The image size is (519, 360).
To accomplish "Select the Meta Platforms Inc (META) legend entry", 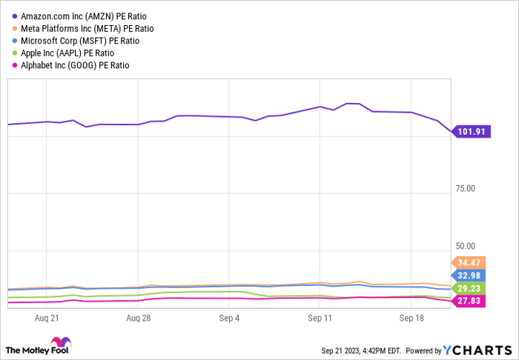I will coord(87,28).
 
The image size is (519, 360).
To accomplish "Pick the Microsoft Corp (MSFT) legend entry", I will coord(80,41).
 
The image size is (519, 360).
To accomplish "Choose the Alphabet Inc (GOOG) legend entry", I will coord(75,65).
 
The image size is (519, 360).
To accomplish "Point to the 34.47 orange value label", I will coord(470,262).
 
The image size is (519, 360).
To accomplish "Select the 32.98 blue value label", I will coord(470,276).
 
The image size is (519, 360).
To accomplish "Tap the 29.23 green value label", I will coord(470,288).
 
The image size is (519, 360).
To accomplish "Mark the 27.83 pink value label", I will coord(470,301).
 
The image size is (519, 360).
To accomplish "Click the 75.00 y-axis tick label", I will coord(466,188).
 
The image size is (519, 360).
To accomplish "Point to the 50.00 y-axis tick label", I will coord(466,246).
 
